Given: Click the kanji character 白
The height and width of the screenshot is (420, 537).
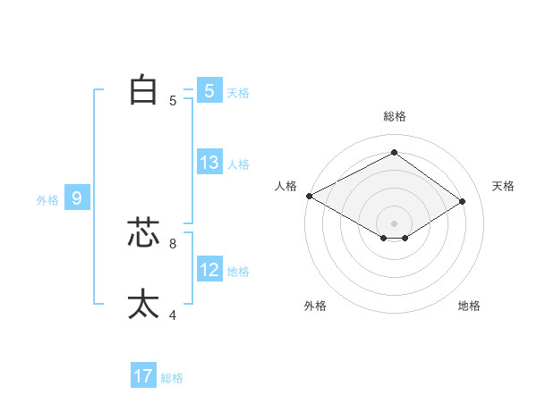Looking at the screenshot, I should coord(143,90).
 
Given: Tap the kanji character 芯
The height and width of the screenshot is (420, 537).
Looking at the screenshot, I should coord(143,232).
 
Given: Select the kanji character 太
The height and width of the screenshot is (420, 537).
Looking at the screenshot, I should coord(143,304).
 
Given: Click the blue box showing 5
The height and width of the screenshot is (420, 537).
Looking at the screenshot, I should coord(209,91).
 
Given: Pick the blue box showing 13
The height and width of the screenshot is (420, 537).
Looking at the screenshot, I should coord(209,163).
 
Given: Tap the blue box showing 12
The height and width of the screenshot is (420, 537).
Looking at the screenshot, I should coord(209,269).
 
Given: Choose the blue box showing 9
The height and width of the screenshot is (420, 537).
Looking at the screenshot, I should coord(77,198).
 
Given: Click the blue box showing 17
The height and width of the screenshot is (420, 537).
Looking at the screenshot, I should coord(143,376).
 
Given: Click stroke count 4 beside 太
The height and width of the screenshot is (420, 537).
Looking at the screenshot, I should coord(173,315).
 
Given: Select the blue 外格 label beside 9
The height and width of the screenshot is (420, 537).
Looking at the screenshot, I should coord(47,200).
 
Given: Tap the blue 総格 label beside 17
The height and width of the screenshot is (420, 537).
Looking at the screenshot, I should coord(172,378).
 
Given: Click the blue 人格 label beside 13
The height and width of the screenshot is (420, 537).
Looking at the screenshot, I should coord(238,164).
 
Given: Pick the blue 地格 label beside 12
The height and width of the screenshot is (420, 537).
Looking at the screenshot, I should coord(238,271).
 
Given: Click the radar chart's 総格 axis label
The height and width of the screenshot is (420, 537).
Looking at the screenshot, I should coord(394,116).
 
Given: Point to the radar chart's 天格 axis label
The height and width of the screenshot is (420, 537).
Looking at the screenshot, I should coord(504,186).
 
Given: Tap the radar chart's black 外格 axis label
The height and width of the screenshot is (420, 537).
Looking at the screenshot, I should coord(315,306).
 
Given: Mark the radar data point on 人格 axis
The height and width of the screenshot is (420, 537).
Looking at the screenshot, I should coord(309,196).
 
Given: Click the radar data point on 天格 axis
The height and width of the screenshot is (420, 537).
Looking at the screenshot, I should coord(463,201).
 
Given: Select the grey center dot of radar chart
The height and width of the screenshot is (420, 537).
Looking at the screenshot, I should coord(394,223).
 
